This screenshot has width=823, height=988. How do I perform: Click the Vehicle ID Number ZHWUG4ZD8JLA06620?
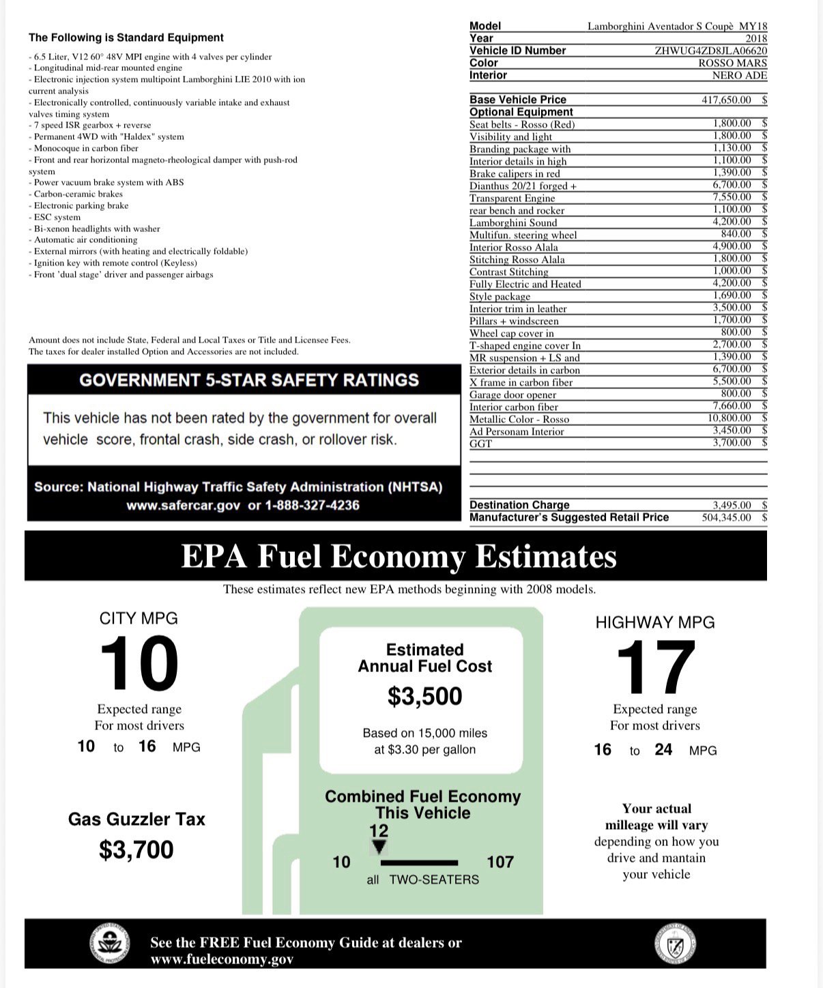[x=710, y=50]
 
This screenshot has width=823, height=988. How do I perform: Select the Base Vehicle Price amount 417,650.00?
[x=726, y=100]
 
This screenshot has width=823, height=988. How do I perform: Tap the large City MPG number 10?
[x=139, y=663]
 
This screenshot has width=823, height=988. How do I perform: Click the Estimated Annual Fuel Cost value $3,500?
[x=424, y=696]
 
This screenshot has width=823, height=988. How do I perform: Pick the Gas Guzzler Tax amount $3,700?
[x=136, y=849]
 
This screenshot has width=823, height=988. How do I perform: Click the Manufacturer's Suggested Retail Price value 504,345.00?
[x=726, y=517]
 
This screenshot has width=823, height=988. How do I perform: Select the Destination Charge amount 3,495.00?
[x=732, y=505]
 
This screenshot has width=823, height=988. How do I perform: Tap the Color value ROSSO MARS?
[x=732, y=63]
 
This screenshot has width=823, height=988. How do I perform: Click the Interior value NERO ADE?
[x=739, y=75]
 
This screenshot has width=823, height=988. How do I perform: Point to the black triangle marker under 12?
[x=379, y=846]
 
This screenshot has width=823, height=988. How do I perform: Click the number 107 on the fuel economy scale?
[x=500, y=862]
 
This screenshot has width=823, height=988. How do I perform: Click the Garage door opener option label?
[x=512, y=394]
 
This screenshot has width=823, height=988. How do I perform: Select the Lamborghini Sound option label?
[x=512, y=222]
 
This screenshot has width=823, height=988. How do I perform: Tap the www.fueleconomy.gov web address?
[x=222, y=959]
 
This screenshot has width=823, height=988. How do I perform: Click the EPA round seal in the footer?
[x=109, y=945]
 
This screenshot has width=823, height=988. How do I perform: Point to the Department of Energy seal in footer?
[x=675, y=945]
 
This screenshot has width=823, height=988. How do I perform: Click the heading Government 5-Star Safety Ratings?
[x=249, y=380]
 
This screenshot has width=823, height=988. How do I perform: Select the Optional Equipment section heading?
[x=521, y=112]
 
